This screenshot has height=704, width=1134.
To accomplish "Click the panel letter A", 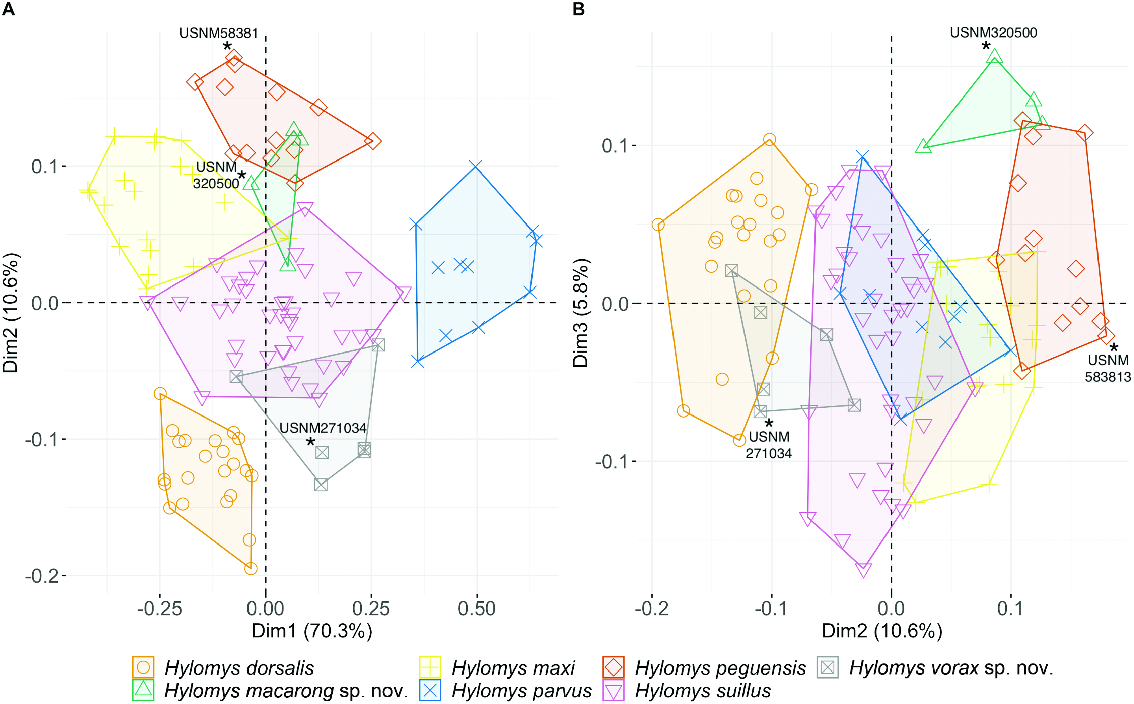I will pos(8,9).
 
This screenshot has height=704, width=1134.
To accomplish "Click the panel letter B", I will pos(578,9).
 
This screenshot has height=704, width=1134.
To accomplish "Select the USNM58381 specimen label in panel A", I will pos(218,33).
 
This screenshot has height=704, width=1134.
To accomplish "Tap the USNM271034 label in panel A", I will pos(323,428).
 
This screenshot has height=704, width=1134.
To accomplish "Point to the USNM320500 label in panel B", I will pos(993,33).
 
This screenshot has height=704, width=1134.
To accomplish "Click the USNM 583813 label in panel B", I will pos(1108,368).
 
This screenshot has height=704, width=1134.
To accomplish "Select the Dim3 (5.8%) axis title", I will pos(581,313).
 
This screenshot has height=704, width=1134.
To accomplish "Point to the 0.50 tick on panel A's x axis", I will pos(476,609).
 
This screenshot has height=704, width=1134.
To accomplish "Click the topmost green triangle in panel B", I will pos(994,56).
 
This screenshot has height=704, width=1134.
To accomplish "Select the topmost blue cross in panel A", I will pos(475,166).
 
